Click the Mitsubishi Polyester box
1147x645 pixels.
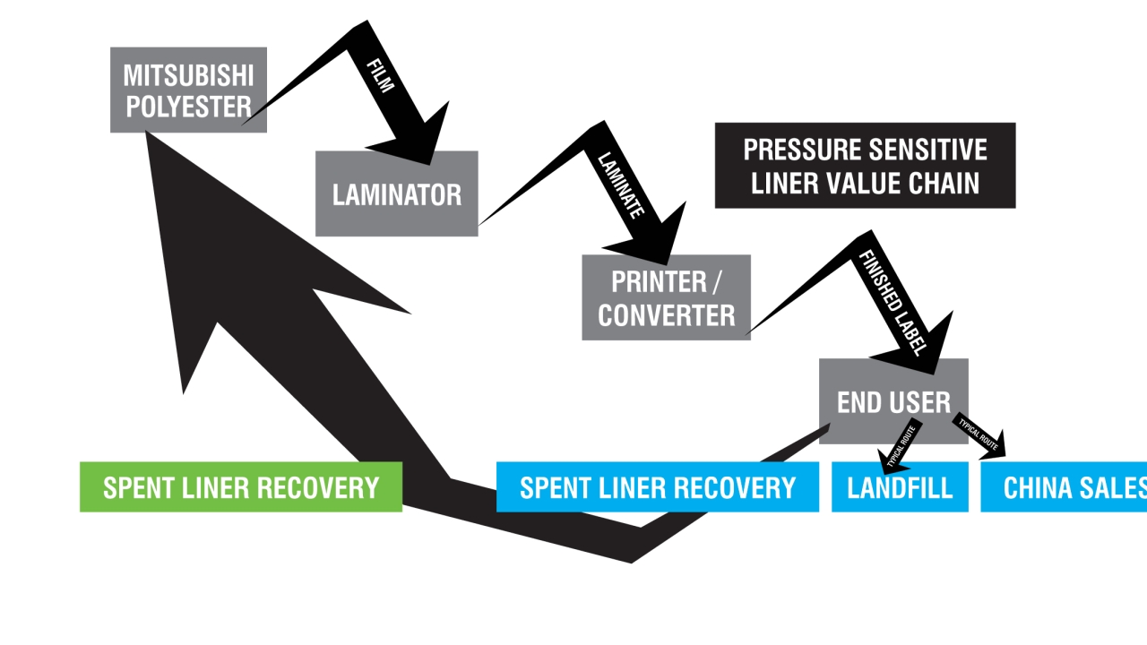tap(188, 90)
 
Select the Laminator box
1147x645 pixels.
tap(396, 193)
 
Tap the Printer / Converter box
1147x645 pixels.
tap(666, 297)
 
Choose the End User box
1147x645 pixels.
tap(893, 401)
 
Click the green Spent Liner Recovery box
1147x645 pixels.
tap(240, 487)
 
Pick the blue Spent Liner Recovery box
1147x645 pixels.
tap(657, 487)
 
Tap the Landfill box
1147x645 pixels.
tap(900, 487)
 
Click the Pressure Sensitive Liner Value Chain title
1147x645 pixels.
tap(865, 166)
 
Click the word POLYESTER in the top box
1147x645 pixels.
tap(188, 107)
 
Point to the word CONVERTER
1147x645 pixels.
tap(666, 315)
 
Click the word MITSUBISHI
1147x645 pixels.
tap(188, 73)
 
